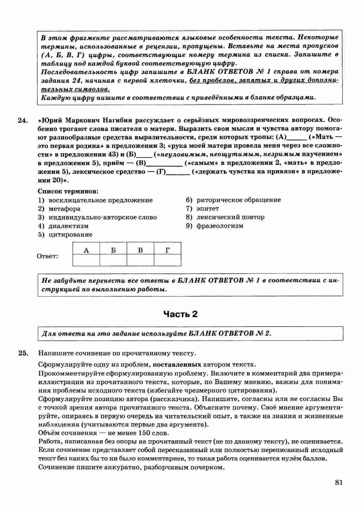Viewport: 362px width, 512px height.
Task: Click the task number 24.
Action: [x=22, y=120]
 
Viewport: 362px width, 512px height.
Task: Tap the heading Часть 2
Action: [x=181, y=314]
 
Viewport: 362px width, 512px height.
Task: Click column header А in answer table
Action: [x=86, y=250]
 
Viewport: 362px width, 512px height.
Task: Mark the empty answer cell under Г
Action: [x=168, y=260]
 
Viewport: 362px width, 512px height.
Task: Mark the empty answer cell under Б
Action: [x=113, y=260]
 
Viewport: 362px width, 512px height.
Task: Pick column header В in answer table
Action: [x=141, y=250]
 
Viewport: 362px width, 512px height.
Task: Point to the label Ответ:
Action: [x=48, y=256]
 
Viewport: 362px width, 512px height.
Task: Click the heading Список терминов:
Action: [x=68, y=191]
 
